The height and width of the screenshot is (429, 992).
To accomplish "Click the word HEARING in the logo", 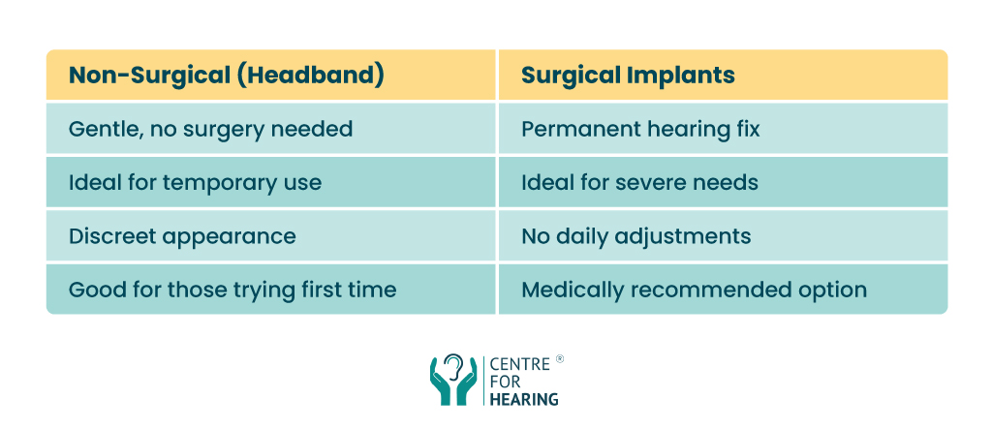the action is coord(524,399).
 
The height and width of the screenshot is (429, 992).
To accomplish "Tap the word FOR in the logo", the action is coord(504,383).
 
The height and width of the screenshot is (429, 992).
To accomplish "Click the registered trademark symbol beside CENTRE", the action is coord(559,359).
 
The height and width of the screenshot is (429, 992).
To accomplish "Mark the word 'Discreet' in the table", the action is coord(110,237).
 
